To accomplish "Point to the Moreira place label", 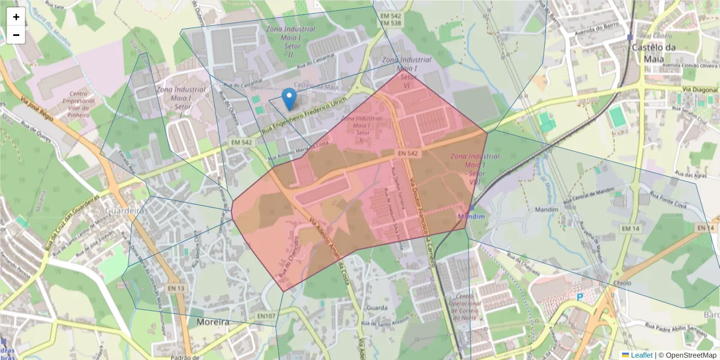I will (x=213, y=322).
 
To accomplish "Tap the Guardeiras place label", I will (x=126, y=211).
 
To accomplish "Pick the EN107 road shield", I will (x=266, y=316).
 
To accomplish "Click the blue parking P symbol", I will (x=580, y=296).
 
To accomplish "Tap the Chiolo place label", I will (x=622, y=283).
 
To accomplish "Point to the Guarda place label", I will (x=377, y=308).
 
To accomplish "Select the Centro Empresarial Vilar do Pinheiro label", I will (x=82, y=105).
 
